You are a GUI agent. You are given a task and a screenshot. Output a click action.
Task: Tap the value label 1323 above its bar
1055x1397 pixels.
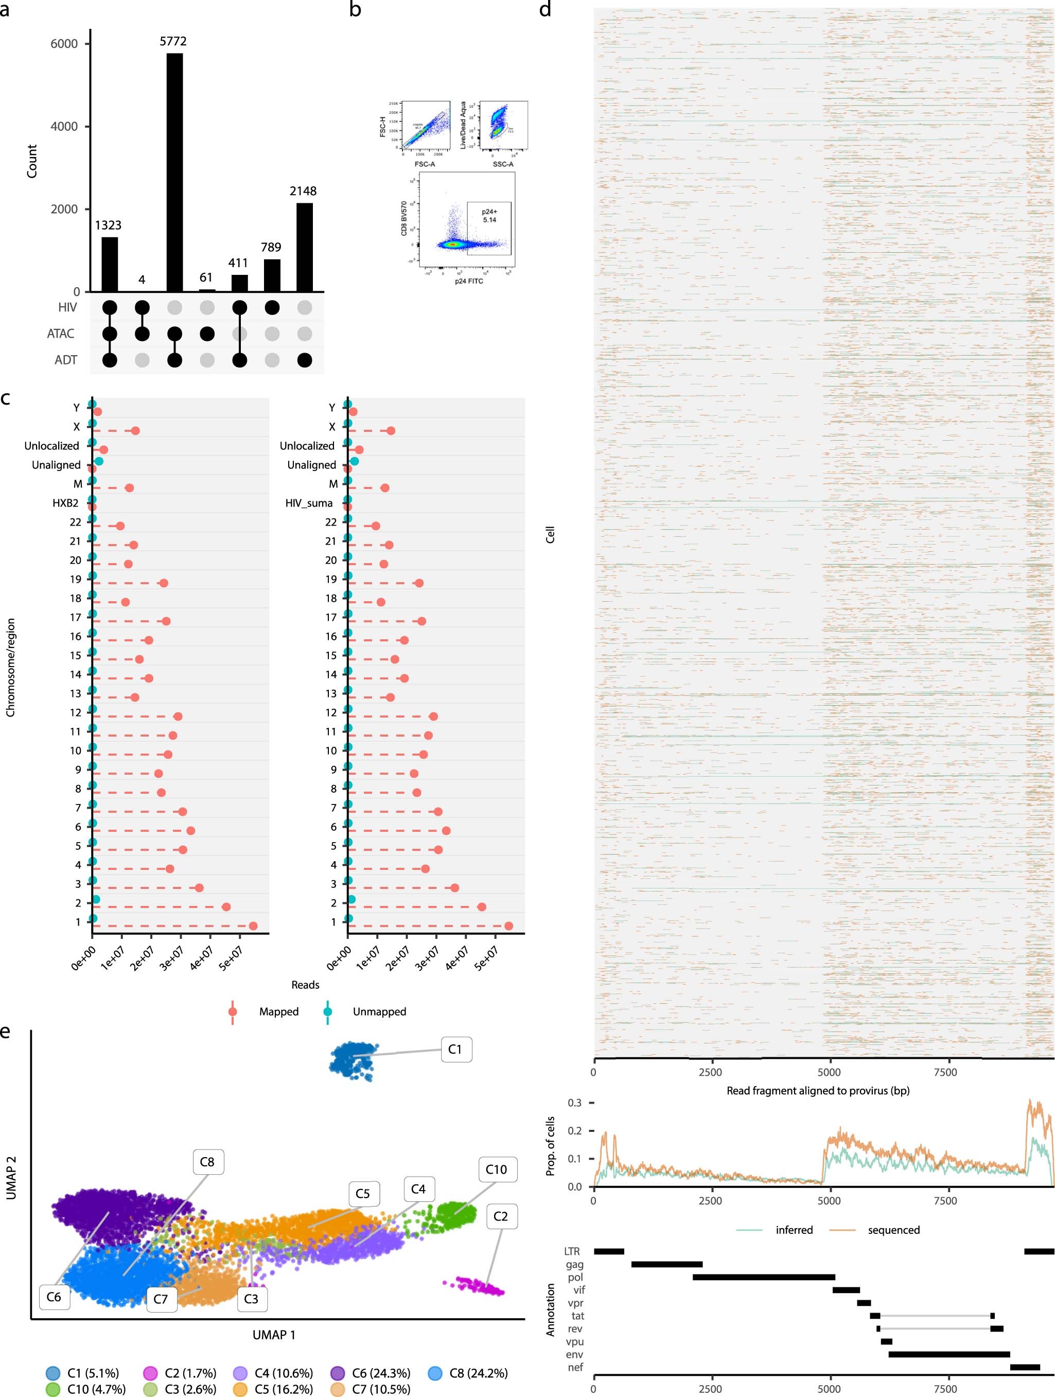pyautogui.click(x=108, y=225)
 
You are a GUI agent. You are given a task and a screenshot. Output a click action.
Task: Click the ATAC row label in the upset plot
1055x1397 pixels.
pyautogui.click(x=61, y=334)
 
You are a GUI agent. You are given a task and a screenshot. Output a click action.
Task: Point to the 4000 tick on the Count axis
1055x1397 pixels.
pyautogui.click(x=64, y=126)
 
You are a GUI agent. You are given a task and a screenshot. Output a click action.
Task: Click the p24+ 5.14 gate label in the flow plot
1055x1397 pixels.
pyautogui.click(x=489, y=215)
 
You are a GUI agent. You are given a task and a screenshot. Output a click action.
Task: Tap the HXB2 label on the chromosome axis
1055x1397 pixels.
pyautogui.click(x=66, y=503)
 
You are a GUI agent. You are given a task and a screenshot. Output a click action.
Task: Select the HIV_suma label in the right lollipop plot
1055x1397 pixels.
pyautogui.click(x=309, y=503)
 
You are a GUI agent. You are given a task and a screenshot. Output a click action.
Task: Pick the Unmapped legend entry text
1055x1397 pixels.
pyautogui.click(x=379, y=1011)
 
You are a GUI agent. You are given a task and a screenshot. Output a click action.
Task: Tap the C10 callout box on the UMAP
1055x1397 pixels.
pyautogui.click(x=496, y=1169)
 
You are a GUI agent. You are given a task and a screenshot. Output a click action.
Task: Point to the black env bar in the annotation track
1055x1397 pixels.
pyautogui.click(x=948, y=1354)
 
